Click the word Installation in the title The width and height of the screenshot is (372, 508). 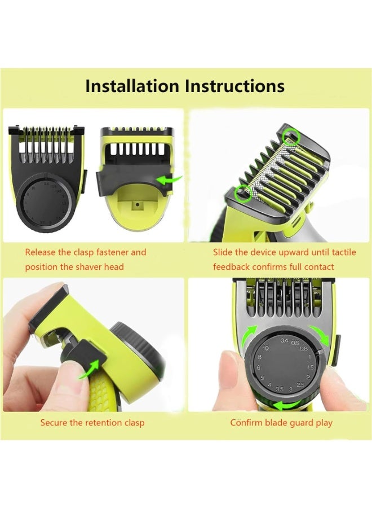(x=132, y=86)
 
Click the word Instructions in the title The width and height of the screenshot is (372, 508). (x=234, y=86)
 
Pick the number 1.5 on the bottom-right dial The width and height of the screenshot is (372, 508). (x=310, y=367)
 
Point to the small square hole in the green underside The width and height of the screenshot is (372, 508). (x=136, y=207)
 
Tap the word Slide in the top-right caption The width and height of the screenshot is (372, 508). (x=224, y=252)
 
